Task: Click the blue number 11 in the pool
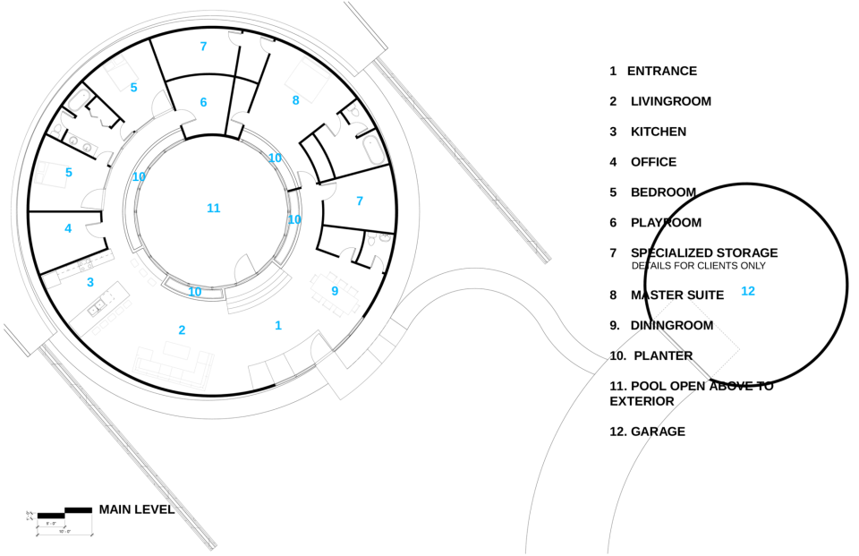213,208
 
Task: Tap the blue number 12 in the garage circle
748,291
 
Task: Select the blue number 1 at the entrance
278,325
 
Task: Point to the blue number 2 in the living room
182,329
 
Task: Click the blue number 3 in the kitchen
89,282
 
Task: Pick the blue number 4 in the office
68,228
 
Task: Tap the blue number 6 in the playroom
203,102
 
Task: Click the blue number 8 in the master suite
295,100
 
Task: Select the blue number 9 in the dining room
335,290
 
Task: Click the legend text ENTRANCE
661,71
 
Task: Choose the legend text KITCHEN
658,132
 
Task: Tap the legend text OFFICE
653,162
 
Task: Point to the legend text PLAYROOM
666,223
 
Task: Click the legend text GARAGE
658,432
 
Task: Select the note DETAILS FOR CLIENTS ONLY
698,266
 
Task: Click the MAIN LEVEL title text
136,509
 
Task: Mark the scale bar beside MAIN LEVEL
63,517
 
